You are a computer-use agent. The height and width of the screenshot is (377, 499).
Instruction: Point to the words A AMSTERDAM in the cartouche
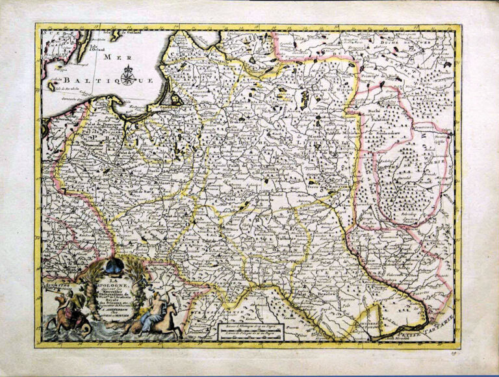(x=111, y=310)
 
